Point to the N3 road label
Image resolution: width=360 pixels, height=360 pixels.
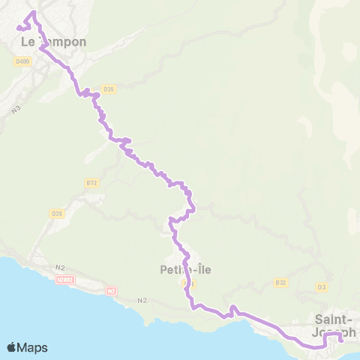click(16, 110)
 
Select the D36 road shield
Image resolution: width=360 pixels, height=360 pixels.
click(109, 89)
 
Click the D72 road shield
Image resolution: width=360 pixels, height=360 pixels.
click(92, 182)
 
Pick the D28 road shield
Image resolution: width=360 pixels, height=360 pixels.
click(56, 214)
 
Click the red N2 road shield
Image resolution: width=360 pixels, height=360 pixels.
click(112, 290)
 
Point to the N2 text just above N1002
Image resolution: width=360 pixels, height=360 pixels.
click(60, 267)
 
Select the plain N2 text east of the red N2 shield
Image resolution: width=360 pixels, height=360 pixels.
click(142, 301)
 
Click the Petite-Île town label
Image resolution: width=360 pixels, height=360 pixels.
click(178, 268)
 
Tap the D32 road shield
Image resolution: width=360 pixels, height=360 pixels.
click(281, 283)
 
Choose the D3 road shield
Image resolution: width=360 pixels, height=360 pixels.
click(322, 287)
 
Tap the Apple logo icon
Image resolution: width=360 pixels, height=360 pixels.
click(12, 348)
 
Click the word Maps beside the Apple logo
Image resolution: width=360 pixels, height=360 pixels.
click(33, 348)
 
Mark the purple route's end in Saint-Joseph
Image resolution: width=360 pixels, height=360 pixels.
click(341, 339)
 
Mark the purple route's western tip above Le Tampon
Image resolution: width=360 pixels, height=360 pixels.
click(18, 28)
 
